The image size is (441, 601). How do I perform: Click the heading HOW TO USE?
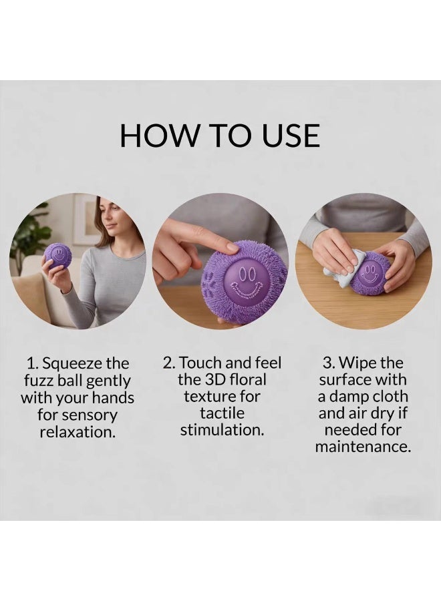pos(220,136)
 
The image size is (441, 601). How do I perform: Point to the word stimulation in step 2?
pos(222,429)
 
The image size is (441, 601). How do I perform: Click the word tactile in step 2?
pos(222,413)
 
